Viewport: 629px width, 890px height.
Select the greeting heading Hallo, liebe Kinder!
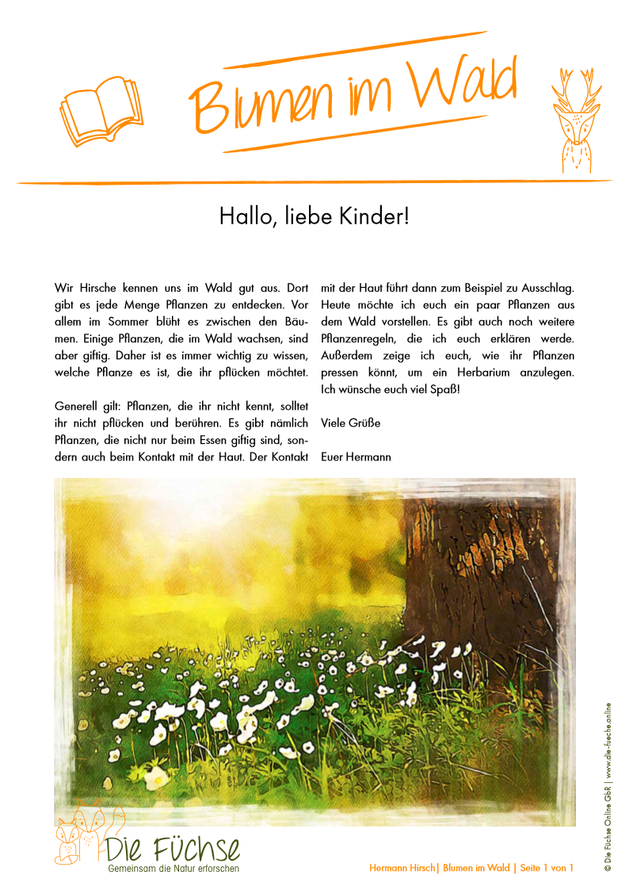(x=314, y=216)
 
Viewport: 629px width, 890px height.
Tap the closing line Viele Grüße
(x=350, y=423)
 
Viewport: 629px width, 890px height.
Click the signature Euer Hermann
(x=356, y=457)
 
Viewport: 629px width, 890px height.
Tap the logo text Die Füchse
(x=173, y=849)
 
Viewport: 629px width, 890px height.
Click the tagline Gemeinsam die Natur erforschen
(x=173, y=869)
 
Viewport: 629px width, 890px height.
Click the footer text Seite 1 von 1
(x=547, y=869)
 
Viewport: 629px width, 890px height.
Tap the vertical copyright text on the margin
(x=608, y=788)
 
